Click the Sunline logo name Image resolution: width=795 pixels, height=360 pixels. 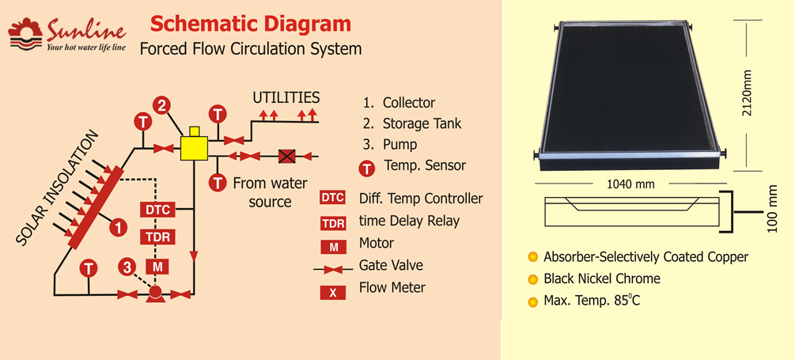point(85,32)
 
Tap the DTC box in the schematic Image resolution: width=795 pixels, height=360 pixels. point(157,210)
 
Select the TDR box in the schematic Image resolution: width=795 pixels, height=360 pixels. point(157,237)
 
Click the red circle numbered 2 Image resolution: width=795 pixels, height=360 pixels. point(161,106)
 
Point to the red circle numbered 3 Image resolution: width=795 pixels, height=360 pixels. point(127,267)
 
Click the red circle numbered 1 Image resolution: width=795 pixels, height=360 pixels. point(118,226)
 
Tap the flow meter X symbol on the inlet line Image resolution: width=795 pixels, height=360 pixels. point(287,156)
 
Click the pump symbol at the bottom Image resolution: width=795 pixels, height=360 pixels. point(155,294)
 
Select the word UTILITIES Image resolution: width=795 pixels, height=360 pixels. point(286,97)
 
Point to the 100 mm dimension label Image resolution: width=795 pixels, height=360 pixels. point(772,210)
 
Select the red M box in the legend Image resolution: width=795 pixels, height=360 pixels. point(333,247)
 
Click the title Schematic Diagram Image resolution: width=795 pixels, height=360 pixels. point(251,24)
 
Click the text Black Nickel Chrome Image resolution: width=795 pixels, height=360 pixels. point(602,279)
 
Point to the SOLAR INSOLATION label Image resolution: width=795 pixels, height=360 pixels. point(56,188)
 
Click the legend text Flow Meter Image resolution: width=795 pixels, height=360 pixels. point(392,288)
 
